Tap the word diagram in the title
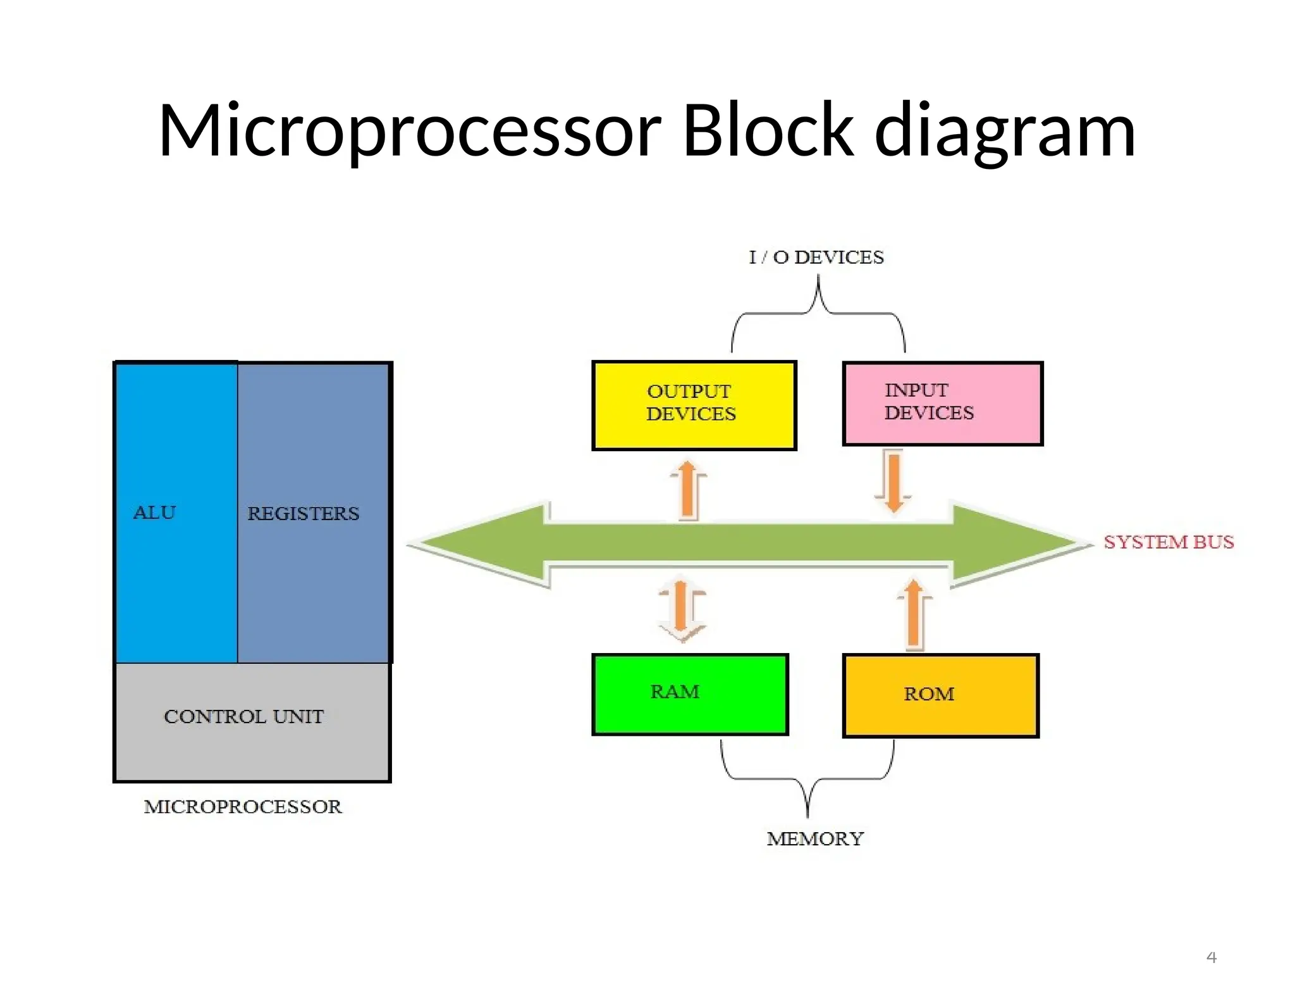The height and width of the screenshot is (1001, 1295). [x=1005, y=132]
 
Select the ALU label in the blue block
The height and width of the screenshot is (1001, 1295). [x=154, y=513]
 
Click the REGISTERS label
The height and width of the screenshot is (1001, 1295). [x=303, y=513]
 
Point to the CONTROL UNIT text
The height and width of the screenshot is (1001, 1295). [x=243, y=716]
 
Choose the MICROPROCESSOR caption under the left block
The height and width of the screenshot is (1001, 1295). [x=243, y=807]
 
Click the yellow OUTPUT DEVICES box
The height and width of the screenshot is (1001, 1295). [x=694, y=405]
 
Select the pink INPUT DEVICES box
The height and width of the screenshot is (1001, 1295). [x=942, y=404]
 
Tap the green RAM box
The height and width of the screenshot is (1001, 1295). [x=690, y=694]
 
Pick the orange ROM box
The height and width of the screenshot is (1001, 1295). [x=940, y=695]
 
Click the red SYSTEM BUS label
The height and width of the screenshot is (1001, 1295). [x=1169, y=542]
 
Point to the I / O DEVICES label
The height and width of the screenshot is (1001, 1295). [x=816, y=258]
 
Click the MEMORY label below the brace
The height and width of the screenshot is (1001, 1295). [x=814, y=839]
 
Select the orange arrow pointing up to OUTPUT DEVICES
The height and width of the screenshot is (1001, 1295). [x=688, y=490]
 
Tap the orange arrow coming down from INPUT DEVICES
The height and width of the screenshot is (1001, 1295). [x=893, y=481]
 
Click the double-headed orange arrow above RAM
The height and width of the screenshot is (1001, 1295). [x=681, y=609]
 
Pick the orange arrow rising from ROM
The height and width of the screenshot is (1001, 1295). [x=913, y=614]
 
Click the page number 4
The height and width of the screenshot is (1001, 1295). [x=1211, y=957]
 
